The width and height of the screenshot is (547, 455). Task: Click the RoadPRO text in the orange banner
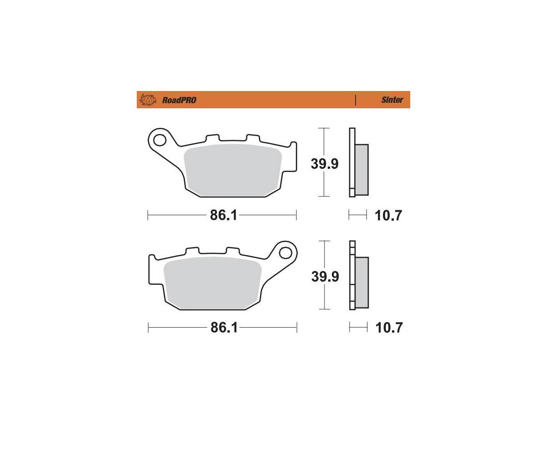[179, 100]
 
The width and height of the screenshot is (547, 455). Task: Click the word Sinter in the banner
[392, 100]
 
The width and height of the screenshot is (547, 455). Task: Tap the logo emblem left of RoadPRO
[148, 100]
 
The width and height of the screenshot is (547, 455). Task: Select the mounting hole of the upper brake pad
[160, 140]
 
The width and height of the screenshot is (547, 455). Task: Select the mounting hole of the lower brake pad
[285, 253]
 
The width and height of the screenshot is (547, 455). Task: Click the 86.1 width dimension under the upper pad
[223, 215]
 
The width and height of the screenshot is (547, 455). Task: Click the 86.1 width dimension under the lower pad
[224, 328]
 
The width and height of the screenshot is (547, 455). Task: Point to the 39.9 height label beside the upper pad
[325, 164]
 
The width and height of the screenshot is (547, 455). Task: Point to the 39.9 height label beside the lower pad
[325, 276]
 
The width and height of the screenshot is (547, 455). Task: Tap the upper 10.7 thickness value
[388, 216]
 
